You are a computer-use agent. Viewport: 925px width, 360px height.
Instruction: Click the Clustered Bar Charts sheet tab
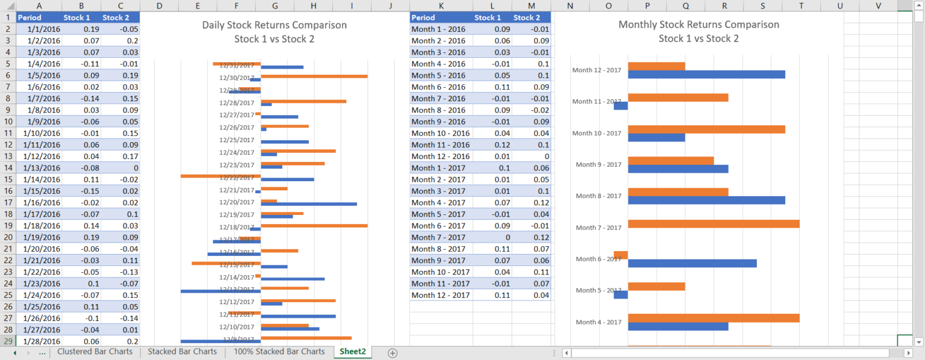click(95, 352)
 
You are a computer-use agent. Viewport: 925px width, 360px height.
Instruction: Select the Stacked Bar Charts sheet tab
click(182, 352)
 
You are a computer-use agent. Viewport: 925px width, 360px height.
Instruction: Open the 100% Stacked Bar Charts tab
click(279, 352)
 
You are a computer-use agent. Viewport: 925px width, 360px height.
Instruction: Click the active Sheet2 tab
click(352, 352)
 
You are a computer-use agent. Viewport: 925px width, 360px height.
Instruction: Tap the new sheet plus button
click(393, 353)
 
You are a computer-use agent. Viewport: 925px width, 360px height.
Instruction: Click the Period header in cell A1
click(39, 17)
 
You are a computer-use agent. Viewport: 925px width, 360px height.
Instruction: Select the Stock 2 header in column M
click(531, 17)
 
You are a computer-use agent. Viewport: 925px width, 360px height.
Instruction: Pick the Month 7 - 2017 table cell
click(440, 237)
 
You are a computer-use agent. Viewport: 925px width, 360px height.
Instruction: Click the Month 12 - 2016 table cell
click(440, 157)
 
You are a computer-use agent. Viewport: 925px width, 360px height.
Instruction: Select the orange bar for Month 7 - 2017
click(713, 224)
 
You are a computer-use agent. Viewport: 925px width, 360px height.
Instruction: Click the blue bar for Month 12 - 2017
click(706, 75)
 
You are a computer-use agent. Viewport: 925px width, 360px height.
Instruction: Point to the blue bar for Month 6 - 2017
click(692, 263)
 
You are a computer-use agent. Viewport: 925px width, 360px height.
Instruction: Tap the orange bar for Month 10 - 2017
click(706, 129)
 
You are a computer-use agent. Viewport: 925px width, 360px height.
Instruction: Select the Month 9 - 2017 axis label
click(598, 165)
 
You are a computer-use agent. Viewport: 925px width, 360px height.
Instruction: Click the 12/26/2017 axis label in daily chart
click(237, 128)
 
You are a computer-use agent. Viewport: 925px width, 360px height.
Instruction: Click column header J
click(390, 6)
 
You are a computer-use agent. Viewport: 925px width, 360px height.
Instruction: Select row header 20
click(8, 237)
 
